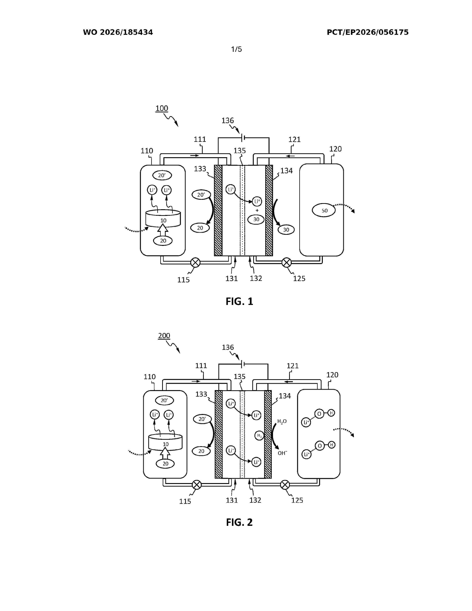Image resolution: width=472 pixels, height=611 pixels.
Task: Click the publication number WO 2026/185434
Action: pos(118,32)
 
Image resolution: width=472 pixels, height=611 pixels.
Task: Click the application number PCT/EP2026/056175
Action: pos(368,32)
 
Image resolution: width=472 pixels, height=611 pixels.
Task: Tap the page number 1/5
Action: pos(236,49)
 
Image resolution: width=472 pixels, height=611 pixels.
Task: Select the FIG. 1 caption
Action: pos(239,301)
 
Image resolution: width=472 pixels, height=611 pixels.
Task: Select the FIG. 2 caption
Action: pos(239,522)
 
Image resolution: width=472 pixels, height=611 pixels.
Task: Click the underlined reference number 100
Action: pos(162,108)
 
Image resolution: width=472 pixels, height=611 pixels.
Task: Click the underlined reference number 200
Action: pos(164,335)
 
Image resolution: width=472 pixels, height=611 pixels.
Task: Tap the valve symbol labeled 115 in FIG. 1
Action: pos(195,262)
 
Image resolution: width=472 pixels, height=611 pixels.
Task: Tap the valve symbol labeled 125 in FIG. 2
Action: pos(285,485)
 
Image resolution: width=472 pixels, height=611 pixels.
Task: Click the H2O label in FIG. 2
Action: pos(282,421)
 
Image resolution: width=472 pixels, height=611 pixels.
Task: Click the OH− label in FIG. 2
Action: pos(282,453)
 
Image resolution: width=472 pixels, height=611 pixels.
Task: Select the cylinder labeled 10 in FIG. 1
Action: pos(163,218)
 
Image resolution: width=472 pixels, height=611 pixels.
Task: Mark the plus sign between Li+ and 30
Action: pos(257,210)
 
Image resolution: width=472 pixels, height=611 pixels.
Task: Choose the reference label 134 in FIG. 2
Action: pos(285,396)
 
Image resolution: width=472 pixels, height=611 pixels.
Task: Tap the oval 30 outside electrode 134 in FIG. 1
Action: pos(286,230)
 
